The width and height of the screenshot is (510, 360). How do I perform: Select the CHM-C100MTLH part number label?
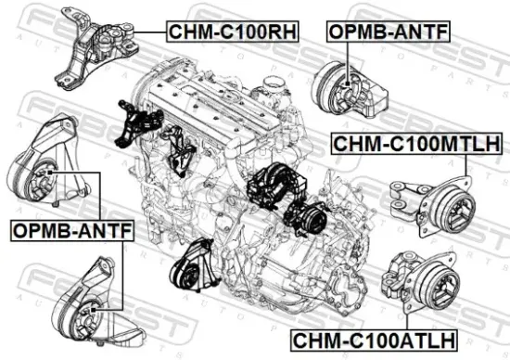(416, 144)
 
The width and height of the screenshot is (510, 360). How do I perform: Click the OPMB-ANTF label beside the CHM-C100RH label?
(389, 32)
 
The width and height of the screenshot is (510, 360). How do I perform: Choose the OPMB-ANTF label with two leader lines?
(71, 228)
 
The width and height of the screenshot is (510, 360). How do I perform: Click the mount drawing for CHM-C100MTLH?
(428, 198)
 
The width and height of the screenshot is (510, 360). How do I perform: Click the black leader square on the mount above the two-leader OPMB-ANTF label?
(44, 176)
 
